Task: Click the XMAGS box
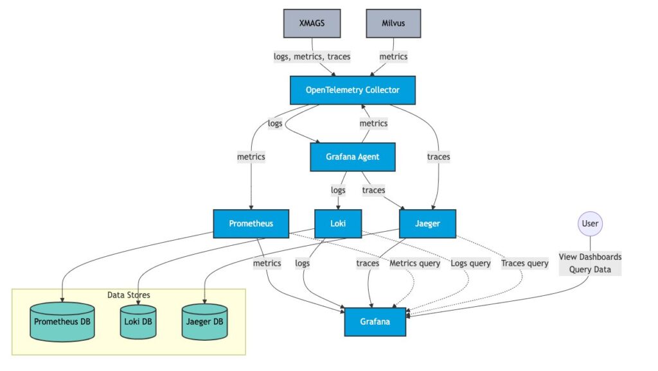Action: tap(312, 23)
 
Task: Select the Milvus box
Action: tap(393, 23)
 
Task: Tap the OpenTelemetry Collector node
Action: tap(352, 90)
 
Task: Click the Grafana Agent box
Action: tap(352, 157)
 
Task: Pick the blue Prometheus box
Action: tap(251, 223)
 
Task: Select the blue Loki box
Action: tap(338, 223)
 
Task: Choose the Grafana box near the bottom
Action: tap(375, 322)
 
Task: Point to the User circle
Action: tap(590, 223)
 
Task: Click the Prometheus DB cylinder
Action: tap(62, 322)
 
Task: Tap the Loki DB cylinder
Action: tap(138, 322)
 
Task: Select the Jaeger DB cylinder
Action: tap(204, 322)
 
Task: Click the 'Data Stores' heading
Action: tap(129, 295)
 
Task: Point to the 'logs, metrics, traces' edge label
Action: tap(312, 56)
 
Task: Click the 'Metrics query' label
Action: tap(415, 263)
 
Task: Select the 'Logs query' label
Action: tap(470, 263)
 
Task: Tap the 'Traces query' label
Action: tap(524, 263)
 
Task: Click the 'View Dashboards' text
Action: tap(590, 257)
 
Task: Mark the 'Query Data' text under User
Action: tap(590, 270)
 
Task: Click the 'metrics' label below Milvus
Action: tap(393, 56)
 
